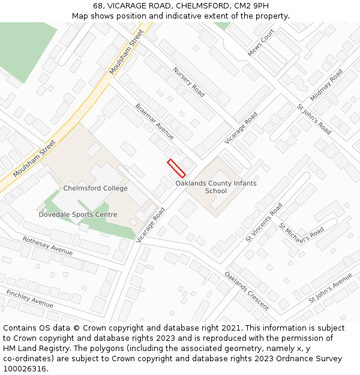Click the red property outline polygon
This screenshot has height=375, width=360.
click(x=176, y=168)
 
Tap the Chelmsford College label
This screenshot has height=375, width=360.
click(x=95, y=188)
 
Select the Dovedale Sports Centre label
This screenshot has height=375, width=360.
click(x=78, y=214)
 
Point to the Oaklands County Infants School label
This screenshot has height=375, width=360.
click(x=215, y=187)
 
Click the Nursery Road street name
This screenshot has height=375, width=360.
click(x=189, y=82)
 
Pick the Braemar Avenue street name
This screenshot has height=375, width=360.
click(x=154, y=121)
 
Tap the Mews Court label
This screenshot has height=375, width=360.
click(x=261, y=43)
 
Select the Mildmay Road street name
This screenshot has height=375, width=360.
click(x=326, y=85)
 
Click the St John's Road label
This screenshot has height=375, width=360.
click(x=314, y=119)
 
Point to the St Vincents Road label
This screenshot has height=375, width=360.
click(x=264, y=222)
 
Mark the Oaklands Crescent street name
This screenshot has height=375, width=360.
click(x=247, y=291)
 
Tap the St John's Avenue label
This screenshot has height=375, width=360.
click(x=331, y=288)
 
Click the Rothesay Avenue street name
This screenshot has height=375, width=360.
click(x=47, y=245)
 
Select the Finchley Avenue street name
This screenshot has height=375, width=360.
click(x=30, y=298)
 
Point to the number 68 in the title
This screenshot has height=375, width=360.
click(x=98, y=6)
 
